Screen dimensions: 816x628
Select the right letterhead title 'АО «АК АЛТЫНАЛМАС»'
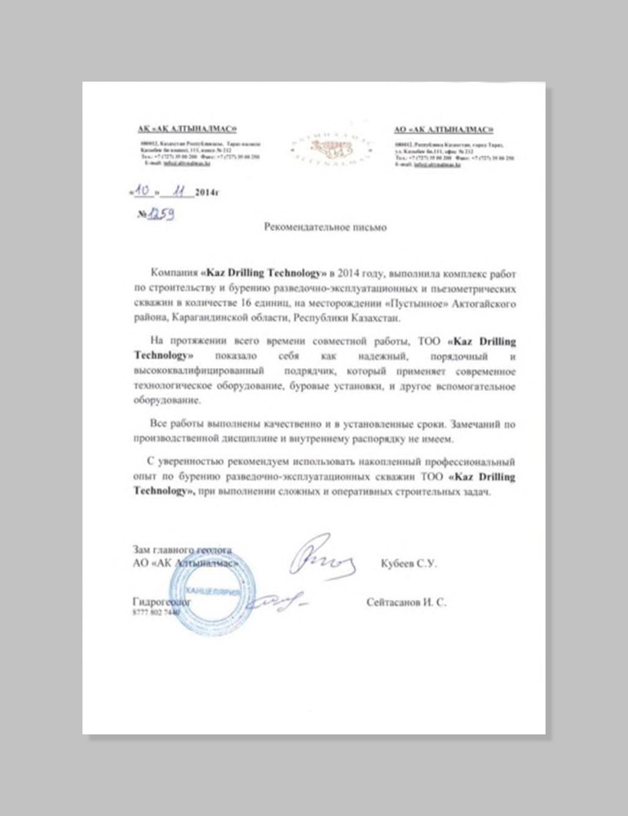[444, 129]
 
